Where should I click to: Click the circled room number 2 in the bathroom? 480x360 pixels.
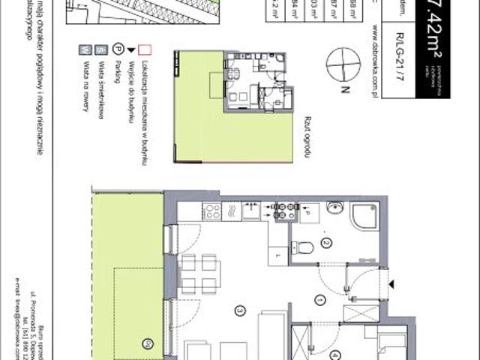coord(326,243)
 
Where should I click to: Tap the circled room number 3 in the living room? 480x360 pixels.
coord(239,309)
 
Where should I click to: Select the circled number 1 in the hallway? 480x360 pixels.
coord(319,301)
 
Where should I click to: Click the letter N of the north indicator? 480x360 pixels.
coord(343,89)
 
